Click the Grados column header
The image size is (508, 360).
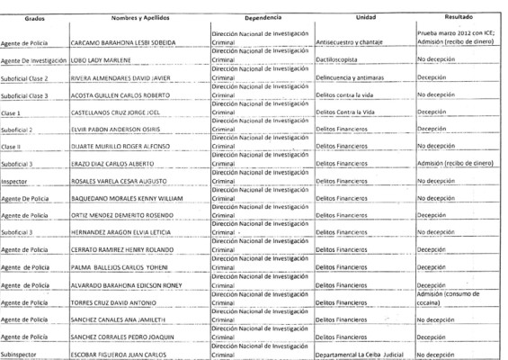(27, 18)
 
